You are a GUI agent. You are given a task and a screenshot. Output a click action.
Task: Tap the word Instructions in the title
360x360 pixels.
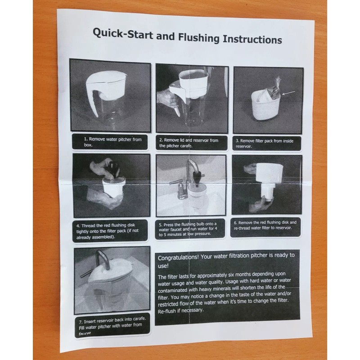pos(252,39)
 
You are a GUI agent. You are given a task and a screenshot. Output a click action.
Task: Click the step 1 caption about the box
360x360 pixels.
pos(113,142)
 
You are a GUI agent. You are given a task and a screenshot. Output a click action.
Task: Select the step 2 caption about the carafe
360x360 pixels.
pos(189,143)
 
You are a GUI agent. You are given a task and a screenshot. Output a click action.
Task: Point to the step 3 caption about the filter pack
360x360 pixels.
pos(265,144)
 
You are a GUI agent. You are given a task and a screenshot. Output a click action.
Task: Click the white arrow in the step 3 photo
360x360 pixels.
pos(288,93)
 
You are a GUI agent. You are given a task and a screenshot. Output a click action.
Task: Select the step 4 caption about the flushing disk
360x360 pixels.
pos(108,231)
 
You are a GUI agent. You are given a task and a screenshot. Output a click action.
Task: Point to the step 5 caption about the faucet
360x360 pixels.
pos(188,229)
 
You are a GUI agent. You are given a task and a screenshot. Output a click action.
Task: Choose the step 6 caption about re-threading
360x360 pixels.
pos(265,225)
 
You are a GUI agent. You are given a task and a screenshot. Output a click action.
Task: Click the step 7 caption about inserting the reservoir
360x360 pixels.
pos(112,325)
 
